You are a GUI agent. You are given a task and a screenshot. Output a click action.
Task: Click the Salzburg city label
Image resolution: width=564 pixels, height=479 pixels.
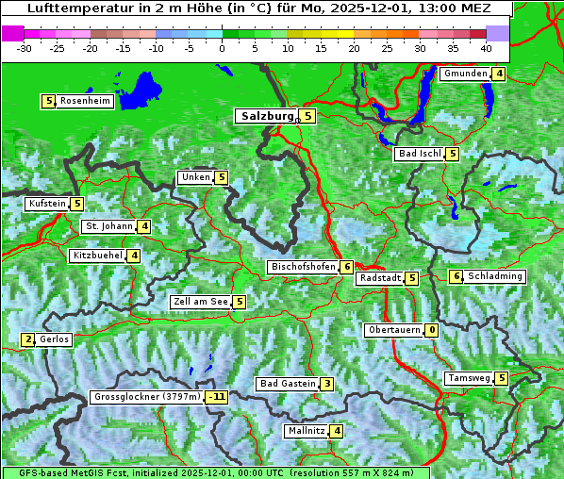pos(267,116)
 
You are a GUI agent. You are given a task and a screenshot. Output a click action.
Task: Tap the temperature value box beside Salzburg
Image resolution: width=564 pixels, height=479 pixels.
pos(308,116)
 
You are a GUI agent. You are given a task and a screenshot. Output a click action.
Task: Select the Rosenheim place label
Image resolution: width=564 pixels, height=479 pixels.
pos(85,101)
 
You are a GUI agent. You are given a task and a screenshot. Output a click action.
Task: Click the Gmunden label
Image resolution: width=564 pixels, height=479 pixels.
pos(465,74)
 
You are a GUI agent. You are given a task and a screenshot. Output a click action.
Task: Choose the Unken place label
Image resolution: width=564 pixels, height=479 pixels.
pos(195,177)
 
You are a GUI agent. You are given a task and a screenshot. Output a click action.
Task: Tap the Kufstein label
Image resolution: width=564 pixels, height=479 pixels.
pos(47,204)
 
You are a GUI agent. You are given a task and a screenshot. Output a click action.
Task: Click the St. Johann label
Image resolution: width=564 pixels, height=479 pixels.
pos(108,226)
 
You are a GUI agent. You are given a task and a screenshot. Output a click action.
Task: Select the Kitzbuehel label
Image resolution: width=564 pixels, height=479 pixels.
pos(97,256)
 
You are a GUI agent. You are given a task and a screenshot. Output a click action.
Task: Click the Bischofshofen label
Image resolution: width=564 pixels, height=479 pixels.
pos(303,268)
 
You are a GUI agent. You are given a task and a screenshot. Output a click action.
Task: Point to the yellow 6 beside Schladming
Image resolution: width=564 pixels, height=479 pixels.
pos(456,276)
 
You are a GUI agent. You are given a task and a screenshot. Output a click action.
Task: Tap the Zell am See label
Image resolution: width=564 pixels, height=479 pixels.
pos(201,302)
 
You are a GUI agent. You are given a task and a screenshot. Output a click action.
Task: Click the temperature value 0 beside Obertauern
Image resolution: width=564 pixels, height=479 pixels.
pos(431,330)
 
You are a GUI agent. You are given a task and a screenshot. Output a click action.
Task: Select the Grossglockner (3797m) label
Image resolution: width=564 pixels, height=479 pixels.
pos(147,397)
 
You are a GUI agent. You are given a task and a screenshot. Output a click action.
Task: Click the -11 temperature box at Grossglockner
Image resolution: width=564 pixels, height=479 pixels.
pos(218,397)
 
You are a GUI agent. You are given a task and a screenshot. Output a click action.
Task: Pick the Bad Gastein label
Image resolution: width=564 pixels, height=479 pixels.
pos(288,384)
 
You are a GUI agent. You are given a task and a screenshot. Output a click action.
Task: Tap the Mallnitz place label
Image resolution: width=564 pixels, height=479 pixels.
pos(306,431)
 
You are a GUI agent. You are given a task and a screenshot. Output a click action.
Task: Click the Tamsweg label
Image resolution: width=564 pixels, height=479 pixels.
pos(469,378)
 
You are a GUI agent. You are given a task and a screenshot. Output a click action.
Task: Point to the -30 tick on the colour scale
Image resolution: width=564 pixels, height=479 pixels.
pos(25,47)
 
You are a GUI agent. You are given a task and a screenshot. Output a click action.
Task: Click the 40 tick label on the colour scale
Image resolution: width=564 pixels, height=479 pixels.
pos(486,47)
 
